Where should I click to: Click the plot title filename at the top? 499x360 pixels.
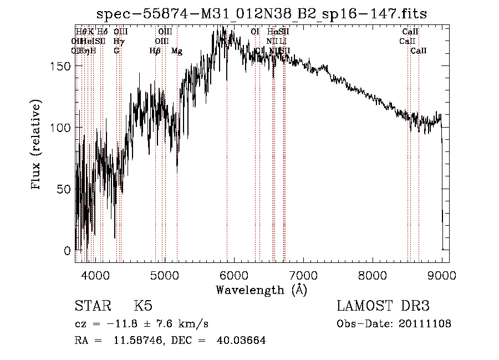tap(262, 14)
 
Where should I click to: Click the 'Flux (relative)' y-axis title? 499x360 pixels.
tap(37, 145)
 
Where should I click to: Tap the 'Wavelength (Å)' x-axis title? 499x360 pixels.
tap(261, 290)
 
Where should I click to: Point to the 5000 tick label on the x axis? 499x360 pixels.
tap(164, 275)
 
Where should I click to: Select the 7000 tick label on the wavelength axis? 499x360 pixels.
tap(303, 275)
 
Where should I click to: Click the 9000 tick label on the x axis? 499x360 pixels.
tap(441, 275)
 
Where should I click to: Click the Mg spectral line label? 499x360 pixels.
tap(176, 51)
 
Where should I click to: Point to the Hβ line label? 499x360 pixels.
tap(155, 51)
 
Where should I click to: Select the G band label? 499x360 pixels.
tap(116, 51)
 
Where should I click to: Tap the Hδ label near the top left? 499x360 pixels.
tap(102, 32)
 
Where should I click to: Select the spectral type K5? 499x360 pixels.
tap(143, 306)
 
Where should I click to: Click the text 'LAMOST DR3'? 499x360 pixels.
tap(383, 306)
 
